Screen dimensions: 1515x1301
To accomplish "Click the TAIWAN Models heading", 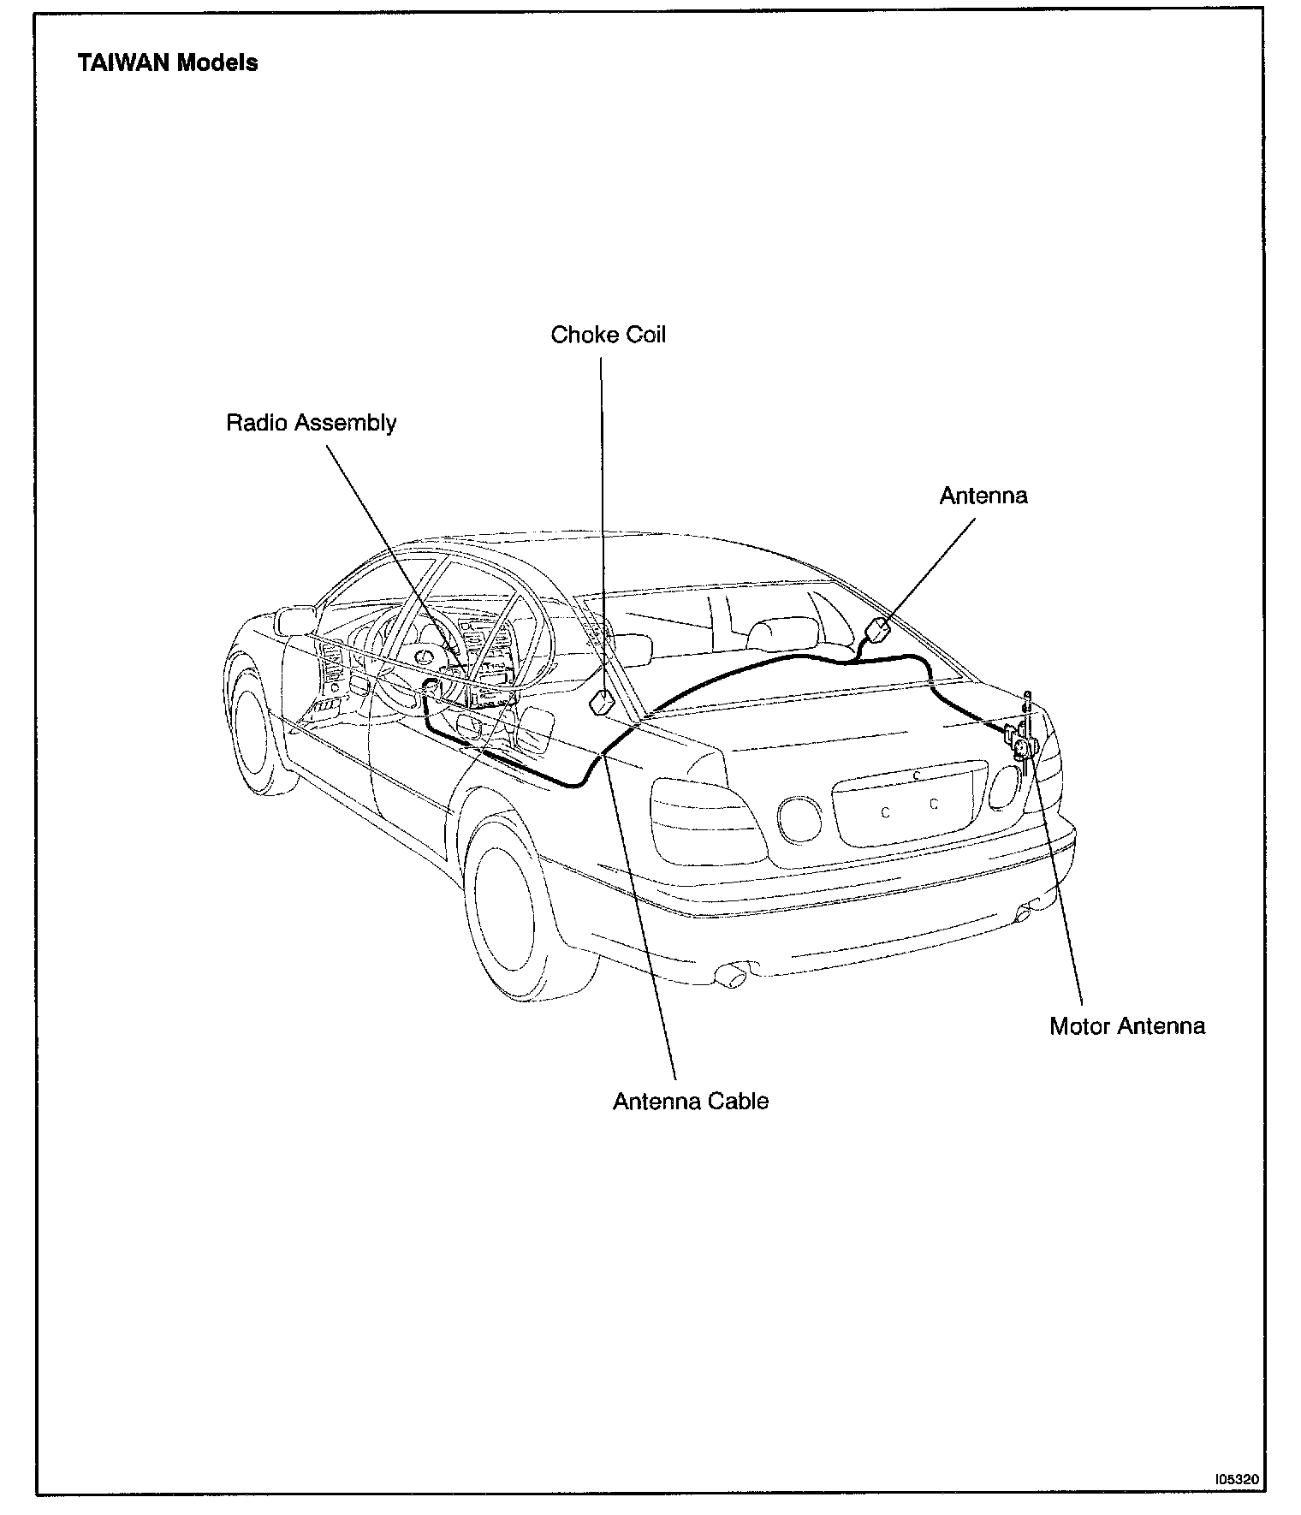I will [x=167, y=62].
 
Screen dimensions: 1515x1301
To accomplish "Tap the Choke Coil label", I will [x=608, y=334].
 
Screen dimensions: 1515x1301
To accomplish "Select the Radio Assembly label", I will [x=311, y=423].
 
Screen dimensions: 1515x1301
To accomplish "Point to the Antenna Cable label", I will [x=690, y=1101].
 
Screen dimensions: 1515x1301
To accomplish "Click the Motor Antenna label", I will [x=1126, y=1025].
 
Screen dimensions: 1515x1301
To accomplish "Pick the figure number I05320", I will [x=1236, y=1478].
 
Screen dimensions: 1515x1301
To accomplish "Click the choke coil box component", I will [x=603, y=702].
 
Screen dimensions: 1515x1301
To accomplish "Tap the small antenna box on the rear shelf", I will [x=878, y=632].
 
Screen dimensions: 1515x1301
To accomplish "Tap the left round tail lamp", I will [x=799, y=820].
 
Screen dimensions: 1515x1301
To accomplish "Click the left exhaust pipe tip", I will [x=733, y=975].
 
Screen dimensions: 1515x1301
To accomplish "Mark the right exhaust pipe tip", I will [x=1024, y=914].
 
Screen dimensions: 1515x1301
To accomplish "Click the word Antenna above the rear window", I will [x=983, y=496].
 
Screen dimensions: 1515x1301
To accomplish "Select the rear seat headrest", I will [x=772, y=633].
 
